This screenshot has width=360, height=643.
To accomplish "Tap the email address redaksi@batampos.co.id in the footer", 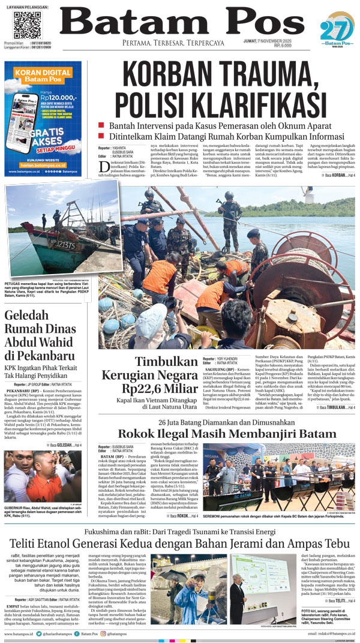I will pos(332,634).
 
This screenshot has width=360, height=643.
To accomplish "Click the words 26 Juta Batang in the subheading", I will pos(181,422).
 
